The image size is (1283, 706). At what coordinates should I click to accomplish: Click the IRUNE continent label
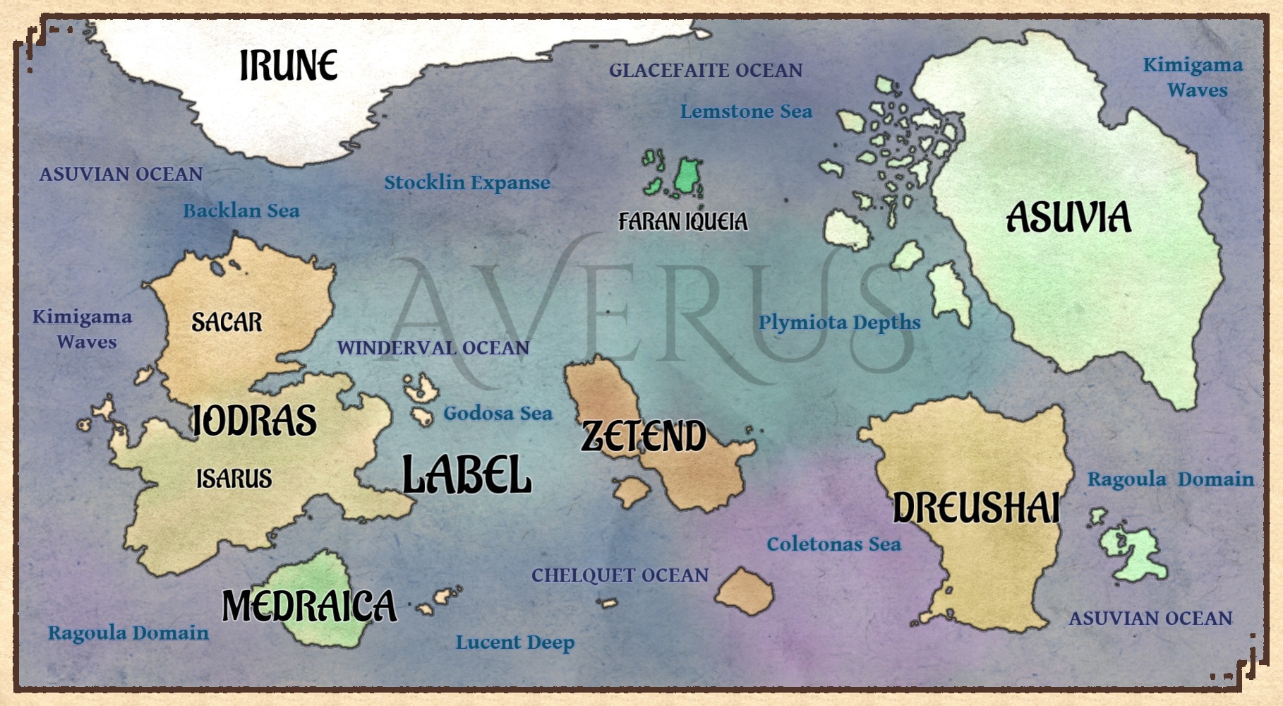[288, 66]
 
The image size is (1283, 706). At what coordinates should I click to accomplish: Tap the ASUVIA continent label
[1068, 217]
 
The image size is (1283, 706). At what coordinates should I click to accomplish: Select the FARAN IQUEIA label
[682, 222]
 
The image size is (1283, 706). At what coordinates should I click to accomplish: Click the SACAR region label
[227, 323]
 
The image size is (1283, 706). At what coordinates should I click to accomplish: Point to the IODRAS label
[254, 421]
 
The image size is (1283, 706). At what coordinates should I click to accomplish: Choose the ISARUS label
[234, 479]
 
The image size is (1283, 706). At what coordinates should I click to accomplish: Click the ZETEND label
[643, 436]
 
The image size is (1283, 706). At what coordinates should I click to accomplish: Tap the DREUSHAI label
[976, 508]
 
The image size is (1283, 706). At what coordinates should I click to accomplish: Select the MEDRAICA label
[309, 606]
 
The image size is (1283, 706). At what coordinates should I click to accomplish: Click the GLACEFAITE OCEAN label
[706, 71]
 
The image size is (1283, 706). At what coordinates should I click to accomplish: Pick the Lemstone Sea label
[746, 112]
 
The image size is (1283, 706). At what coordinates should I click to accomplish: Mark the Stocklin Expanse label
[466, 183]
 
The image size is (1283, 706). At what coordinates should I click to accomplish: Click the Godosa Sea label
[498, 414]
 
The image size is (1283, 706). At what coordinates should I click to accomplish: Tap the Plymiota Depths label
[839, 323]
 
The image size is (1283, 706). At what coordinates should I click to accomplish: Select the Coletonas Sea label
[833, 544]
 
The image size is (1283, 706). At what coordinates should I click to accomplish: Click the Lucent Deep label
[514, 642]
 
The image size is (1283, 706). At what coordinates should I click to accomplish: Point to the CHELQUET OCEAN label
[620, 575]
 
